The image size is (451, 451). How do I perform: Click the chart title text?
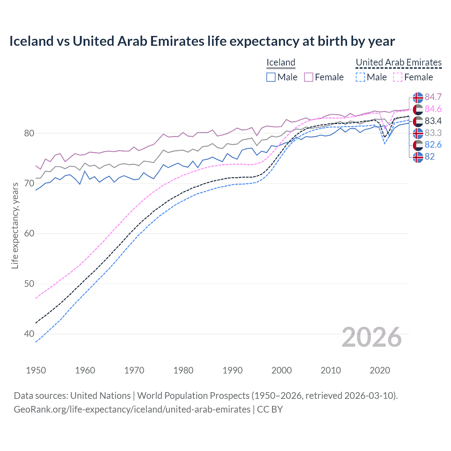pos(202,41)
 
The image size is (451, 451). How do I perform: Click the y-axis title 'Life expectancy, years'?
pos(15,226)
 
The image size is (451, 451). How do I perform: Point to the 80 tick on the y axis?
pos(29,134)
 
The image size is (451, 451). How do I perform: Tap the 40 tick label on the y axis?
pos(29,334)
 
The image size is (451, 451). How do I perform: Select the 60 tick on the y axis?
pos(29,234)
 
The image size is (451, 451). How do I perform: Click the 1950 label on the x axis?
pos(36,370)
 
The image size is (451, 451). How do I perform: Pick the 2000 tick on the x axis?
pos(282,370)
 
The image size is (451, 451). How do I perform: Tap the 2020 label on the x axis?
pos(380,370)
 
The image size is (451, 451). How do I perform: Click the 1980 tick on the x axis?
pos(183,370)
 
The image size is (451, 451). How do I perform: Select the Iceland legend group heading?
pos(281,62)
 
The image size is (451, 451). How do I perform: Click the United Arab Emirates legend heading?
pos(399,62)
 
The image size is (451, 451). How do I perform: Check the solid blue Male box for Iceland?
pos(271,77)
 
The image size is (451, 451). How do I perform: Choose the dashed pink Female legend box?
pos(397,77)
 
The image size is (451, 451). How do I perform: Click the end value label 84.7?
pos(433,97)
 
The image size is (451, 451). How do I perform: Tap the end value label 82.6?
pos(433,145)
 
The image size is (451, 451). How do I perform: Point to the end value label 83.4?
pos(433,121)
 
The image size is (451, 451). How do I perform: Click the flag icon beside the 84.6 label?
pos(418,109)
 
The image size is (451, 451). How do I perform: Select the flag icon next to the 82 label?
pos(418,157)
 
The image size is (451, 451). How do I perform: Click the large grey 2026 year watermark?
pos(371,337)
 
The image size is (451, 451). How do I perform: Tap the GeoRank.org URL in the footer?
pos(132,409)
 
